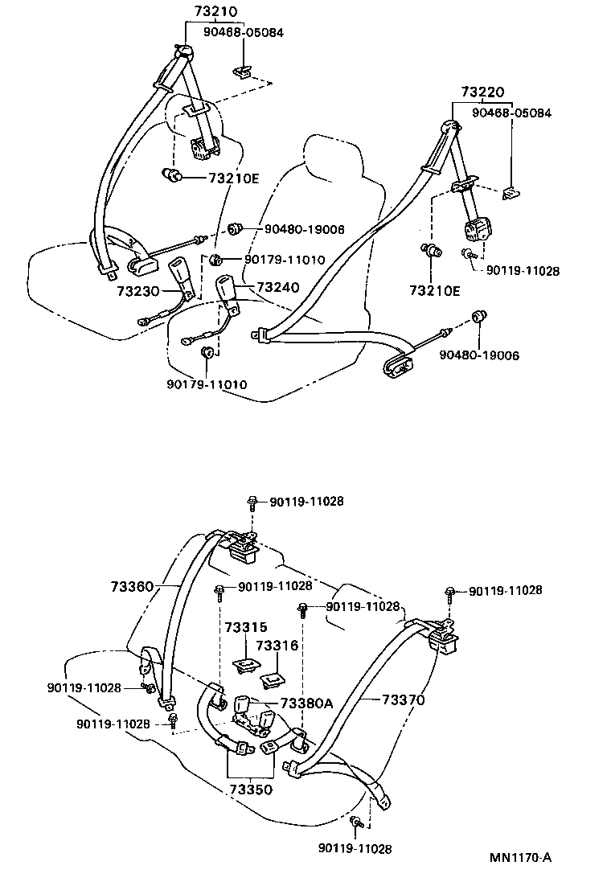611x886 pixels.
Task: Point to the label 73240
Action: tap(277, 287)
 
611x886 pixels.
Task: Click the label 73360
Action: tap(132, 587)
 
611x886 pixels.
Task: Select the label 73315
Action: tap(245, 626)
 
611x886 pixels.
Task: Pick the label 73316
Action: tap(277, 645)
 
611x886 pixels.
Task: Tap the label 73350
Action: tap(250, 789)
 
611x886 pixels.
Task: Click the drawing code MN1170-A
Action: tap(520, 857)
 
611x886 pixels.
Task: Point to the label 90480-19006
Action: tap(478, 355)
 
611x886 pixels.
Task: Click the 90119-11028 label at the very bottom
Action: tap(355, 848)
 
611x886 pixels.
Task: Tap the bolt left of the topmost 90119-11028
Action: tap(252, 502)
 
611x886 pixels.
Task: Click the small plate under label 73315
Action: tap(244, 663)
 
